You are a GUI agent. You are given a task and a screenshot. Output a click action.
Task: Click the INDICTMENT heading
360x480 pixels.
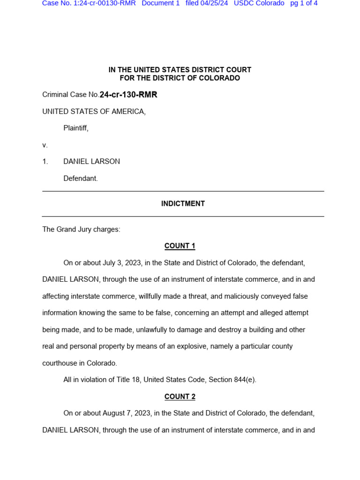(183, 204)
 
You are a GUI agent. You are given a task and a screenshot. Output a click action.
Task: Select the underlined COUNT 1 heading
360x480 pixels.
(180, 246)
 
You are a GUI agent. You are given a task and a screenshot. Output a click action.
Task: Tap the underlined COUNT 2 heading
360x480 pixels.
(180, 397)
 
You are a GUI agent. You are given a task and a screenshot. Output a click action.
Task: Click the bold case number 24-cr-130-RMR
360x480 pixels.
(128, 95)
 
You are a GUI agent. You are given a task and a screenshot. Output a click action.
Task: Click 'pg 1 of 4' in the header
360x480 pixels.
(304, 3)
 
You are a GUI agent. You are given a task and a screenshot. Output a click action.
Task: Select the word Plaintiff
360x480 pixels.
(75, 128)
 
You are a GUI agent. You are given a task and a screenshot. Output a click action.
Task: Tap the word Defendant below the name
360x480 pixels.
(80, 179)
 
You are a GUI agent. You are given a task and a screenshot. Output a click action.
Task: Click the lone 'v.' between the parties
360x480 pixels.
(45, 145)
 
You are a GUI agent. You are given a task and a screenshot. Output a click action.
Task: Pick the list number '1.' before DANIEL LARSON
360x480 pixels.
(45, 162)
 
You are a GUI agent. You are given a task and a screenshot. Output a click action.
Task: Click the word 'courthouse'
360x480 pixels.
(60, 363)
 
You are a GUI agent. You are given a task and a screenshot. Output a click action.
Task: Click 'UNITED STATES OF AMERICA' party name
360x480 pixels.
(94, 112)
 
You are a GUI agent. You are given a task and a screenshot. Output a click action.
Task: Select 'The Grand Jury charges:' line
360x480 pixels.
(81, 230)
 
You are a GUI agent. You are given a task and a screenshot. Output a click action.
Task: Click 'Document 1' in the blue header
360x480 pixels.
(160, 3)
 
